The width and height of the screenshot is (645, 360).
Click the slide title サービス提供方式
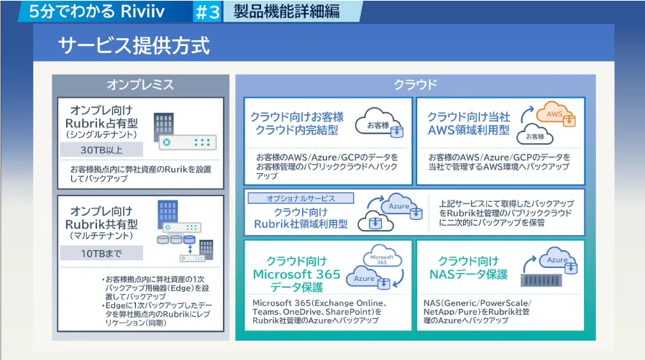click(134, 46)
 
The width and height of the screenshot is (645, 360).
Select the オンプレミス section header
click(140, 85)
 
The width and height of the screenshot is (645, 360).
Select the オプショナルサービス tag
click(291, 198)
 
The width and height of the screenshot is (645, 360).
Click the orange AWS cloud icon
click(554, 115)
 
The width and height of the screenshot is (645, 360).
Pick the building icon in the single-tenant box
click(164, 123)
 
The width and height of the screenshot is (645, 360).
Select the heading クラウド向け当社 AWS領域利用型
click(468, 123)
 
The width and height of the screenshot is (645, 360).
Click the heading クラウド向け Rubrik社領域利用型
click(301, 218)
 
